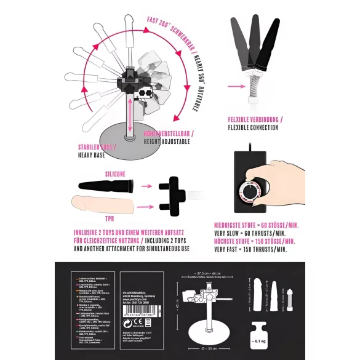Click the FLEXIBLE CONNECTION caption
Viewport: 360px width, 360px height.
click(x=252, y=128)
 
